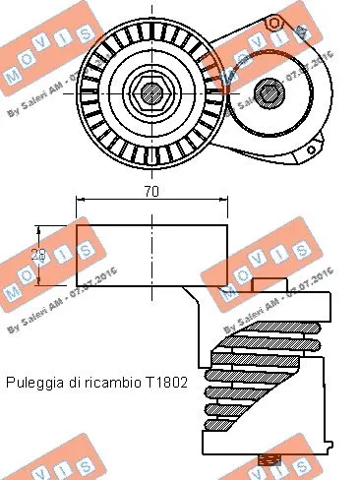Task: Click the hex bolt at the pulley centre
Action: tap(150, 94)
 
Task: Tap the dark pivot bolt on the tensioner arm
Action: tap(266, 94)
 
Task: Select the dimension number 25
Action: tap(40, 254)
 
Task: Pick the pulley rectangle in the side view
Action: tap(151, 254)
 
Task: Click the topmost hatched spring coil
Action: tap(268, 327)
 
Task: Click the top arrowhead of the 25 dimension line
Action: tap(40, 227)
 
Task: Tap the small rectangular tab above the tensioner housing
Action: tap(268, 284)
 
